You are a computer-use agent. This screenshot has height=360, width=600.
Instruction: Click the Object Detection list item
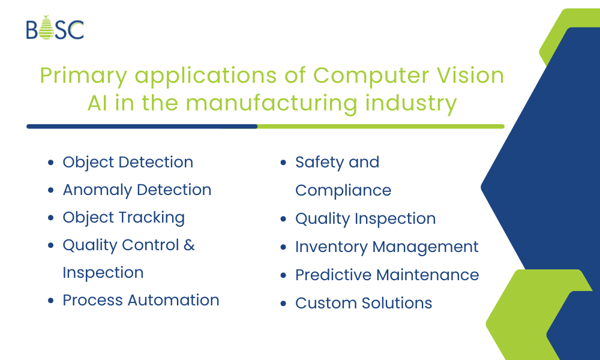point(128,163)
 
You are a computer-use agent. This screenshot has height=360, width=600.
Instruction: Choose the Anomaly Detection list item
point(137,190)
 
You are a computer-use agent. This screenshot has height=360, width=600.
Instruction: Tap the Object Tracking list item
point(124,218)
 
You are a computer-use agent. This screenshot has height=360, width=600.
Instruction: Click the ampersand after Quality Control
point(190,245)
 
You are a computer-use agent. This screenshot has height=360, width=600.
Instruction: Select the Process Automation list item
point(141,300)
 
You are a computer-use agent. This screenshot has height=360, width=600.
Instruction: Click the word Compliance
point(343,191)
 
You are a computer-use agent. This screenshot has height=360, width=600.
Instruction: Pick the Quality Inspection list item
point(365,219)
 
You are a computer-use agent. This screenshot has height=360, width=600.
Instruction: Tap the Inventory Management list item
point(387,247)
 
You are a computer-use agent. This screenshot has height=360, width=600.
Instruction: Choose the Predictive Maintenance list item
point(387,275)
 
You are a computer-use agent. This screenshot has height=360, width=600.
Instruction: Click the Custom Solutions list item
point(364,303)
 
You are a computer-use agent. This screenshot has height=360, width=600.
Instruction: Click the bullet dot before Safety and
point(283,163)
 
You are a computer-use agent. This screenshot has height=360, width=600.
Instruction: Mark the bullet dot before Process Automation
point(51,301)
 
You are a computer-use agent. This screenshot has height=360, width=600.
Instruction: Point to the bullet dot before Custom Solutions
point(283,304)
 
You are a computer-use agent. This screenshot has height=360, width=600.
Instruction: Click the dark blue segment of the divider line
point(142,127)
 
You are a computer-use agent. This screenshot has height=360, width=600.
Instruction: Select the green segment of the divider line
point(381,127)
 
